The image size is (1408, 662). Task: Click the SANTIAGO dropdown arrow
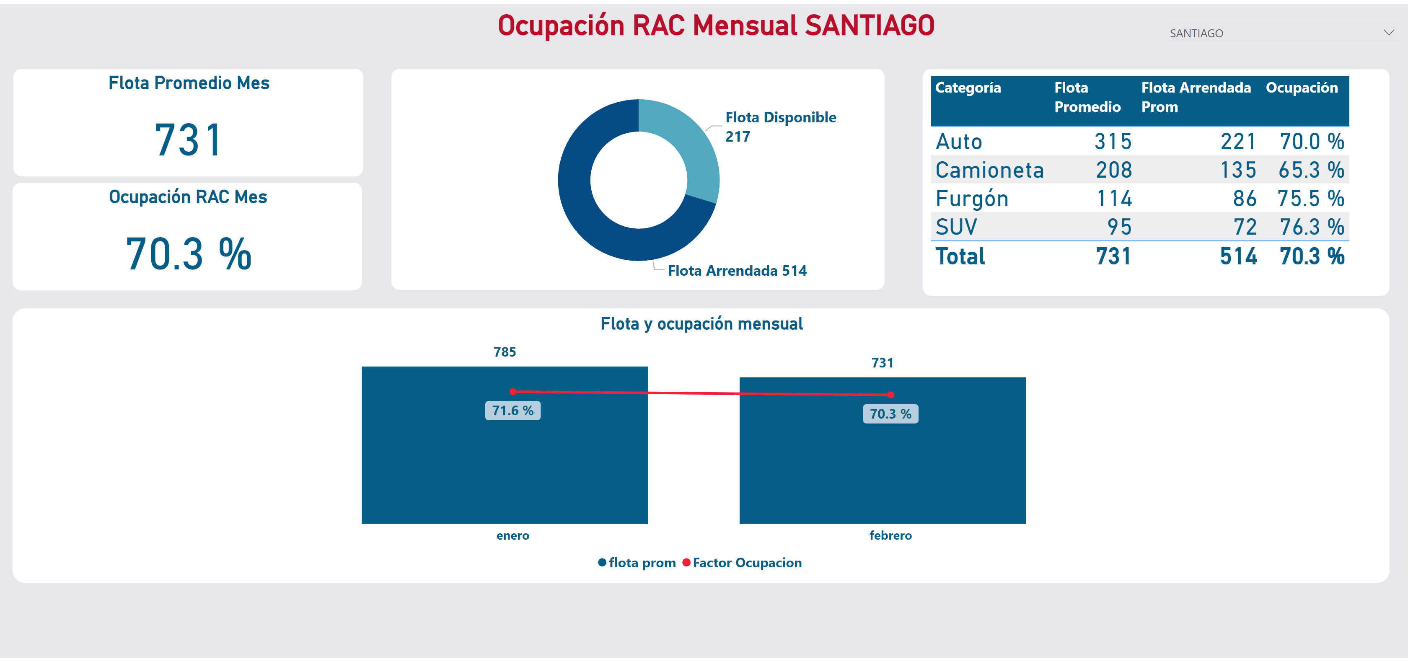click(1388, 33)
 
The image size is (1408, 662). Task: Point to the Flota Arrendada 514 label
click(737, 271)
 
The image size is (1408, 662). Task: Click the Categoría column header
click(968, 88)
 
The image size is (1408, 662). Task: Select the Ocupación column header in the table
click(1302, 88)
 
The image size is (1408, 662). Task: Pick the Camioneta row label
click(989, 170)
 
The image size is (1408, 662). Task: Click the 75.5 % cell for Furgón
click(1310, 199)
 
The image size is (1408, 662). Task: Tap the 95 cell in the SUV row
click(1119, 227)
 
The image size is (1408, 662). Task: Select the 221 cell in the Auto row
click(1238, 142)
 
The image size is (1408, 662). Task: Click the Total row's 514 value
click(1238, 256)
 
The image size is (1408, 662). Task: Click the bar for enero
click(505, 470)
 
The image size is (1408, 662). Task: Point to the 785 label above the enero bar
click(505, 352)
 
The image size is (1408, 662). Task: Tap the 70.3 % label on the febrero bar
click(890, 414)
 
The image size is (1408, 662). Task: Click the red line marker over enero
click(512, 391)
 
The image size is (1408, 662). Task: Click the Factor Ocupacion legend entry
click(747, 563)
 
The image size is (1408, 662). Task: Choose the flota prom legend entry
click(642, 563)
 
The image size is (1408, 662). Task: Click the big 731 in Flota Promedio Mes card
click(189, 140)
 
